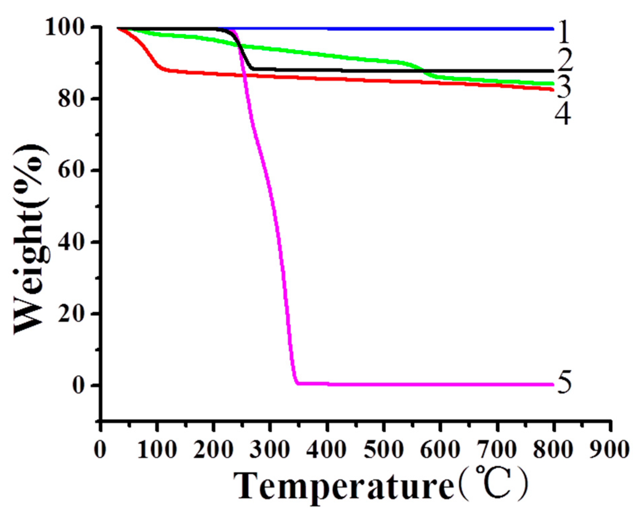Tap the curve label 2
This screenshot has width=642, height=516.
pos(564,60)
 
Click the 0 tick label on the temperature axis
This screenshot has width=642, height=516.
pos(100,450)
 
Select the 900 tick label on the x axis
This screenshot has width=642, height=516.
pos(610,450)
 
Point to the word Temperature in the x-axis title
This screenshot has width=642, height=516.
pos(344,486)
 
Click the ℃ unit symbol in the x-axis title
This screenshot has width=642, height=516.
pos(493,484)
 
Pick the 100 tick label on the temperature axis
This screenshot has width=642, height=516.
pos(156,450)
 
